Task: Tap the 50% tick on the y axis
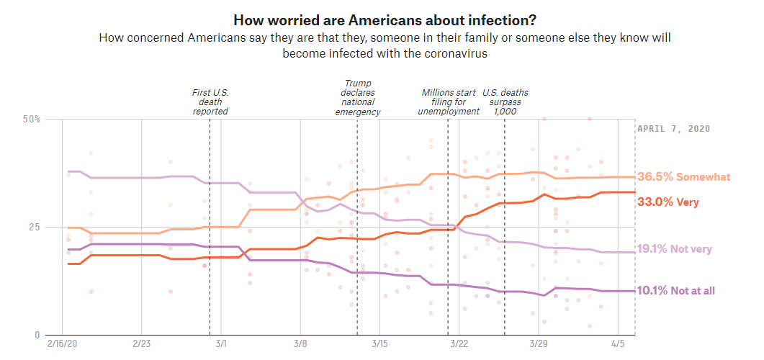32,118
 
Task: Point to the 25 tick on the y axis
34,227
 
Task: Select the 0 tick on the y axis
37,335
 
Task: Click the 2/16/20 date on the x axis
62,346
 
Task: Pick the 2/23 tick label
141,346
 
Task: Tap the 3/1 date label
221,346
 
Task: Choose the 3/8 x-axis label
300,346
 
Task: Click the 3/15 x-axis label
379,346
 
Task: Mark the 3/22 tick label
459,346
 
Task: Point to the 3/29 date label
539,346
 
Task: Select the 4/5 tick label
618,346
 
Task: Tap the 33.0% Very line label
668,202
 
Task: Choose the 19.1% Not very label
675,249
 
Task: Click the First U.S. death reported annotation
210,102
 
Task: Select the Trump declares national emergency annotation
358,98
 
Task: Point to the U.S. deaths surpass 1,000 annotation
504,102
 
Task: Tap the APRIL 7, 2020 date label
674,129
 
